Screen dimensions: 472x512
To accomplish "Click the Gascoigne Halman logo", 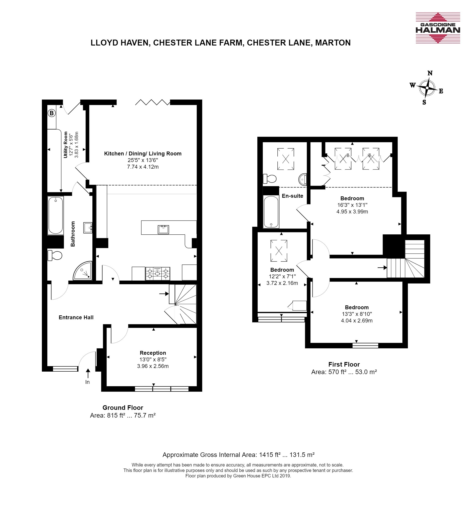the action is pos(438,28).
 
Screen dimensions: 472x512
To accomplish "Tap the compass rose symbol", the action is pos(427,88).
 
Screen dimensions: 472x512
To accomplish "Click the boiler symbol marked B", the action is pos(52,113).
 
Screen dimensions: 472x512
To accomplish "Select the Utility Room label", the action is pos(66,145).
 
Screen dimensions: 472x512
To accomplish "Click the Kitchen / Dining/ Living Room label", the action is pos(143,153).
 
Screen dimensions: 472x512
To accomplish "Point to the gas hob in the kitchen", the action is pos(157,274).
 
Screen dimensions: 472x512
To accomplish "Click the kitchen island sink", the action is pos(163,229).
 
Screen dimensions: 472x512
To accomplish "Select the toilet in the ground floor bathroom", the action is pos(55,255).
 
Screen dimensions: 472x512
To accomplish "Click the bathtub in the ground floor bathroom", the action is pos(56,215).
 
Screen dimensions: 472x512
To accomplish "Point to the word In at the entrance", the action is pos(87,382).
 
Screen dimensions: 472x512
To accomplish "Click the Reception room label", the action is pos(153,353).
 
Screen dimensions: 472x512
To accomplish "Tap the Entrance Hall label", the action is pos(76,317).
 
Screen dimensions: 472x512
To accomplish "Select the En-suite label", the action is pos(292,196).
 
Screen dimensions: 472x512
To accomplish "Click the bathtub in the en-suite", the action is pos(271,212).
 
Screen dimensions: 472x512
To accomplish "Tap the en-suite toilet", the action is pos(270,178).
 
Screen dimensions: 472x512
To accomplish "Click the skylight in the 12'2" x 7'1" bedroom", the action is pos(279,251).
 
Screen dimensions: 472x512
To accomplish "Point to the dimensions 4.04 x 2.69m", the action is pos(357,320).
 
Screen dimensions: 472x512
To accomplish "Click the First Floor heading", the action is pos(344,364).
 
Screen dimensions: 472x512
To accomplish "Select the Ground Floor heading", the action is pos(123,408).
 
